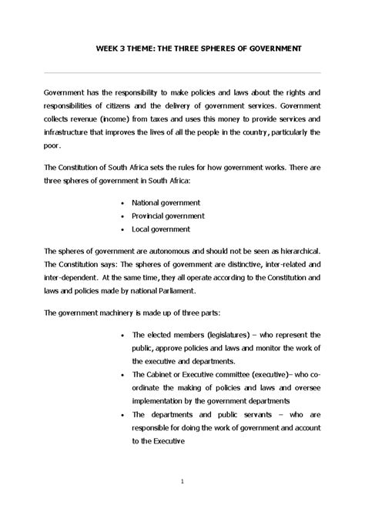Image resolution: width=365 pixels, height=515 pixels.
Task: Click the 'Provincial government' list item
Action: (168, 216)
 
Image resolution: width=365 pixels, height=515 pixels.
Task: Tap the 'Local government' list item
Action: (161, 229)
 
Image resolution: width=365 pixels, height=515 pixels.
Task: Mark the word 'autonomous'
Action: (182, 252)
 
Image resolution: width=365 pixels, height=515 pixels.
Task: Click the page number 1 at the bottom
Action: (182, 482)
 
